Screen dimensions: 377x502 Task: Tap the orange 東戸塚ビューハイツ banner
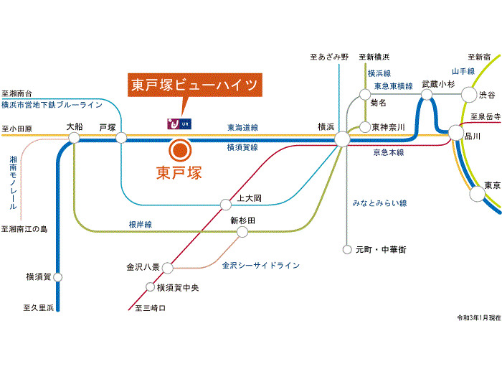tap(194, 85)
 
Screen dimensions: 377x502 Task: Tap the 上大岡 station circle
tap(224, 203)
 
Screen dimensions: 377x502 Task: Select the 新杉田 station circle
tap(242, 232)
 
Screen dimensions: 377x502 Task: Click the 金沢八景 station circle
tap(167, 268)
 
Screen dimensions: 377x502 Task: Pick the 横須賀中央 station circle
tap(151, 288)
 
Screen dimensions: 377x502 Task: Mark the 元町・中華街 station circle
tap(348, 250)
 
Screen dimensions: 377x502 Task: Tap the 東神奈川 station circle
tap(364, 127)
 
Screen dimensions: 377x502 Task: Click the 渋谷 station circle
tap(469, 94)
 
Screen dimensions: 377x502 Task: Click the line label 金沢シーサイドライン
tap(260, 266)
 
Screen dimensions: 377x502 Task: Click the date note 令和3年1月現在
tap(476, 317)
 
